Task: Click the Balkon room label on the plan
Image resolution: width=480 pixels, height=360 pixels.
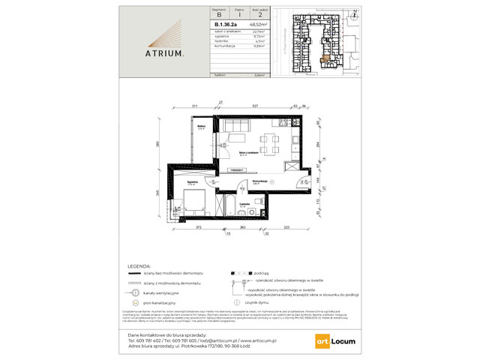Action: click(x=202, y=127)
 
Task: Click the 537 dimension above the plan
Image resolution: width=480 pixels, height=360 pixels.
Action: click(x=255, y=107)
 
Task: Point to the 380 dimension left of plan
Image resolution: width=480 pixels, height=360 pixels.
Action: click(x=158, y=145)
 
